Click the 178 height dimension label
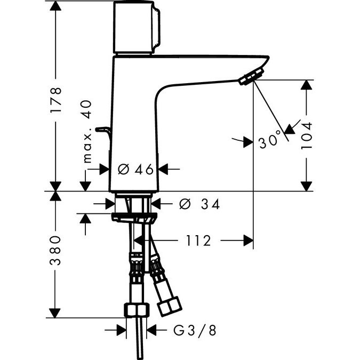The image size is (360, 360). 56,100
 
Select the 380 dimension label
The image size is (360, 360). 55,250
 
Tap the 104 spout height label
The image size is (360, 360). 307,135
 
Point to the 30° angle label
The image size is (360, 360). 270,140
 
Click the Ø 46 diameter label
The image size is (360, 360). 135,169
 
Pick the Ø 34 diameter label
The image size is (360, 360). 199,204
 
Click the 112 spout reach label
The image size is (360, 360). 198,241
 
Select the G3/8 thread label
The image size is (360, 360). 195,330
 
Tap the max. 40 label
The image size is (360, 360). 87,132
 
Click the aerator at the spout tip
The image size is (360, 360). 251,76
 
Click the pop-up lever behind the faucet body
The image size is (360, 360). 103,132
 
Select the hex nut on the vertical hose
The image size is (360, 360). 137,310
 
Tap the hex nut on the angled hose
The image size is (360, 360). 169,306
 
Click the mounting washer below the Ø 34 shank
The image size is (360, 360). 134,218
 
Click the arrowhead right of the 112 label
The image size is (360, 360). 248,241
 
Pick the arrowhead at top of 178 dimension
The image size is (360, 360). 55,6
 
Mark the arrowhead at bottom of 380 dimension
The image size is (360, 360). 55,313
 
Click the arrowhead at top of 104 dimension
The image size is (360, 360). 306,85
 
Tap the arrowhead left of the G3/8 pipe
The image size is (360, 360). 122,330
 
